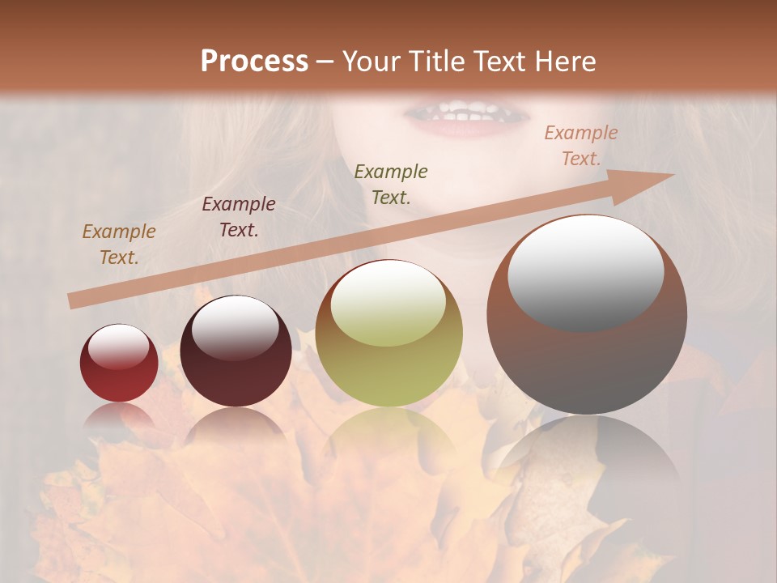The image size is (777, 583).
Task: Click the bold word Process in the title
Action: click(254, 62)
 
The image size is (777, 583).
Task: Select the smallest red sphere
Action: click(119, 364)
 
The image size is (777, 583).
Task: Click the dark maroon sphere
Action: click(236, 351)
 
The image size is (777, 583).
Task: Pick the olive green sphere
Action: click(389, 334)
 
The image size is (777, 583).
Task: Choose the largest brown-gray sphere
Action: click(587, 316)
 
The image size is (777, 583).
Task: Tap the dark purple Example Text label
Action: click(239, 217)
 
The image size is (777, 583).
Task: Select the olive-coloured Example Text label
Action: click(391, 185)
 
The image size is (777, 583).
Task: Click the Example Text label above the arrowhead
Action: click(581, 146)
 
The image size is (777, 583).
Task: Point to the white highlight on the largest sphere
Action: click(585, 274)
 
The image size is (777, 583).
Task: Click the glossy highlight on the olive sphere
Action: click(388, 304)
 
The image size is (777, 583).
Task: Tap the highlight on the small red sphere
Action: click(118, 347)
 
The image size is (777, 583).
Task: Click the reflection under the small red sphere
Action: click(119, 417)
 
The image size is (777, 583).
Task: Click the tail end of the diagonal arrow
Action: click(73, 301)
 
